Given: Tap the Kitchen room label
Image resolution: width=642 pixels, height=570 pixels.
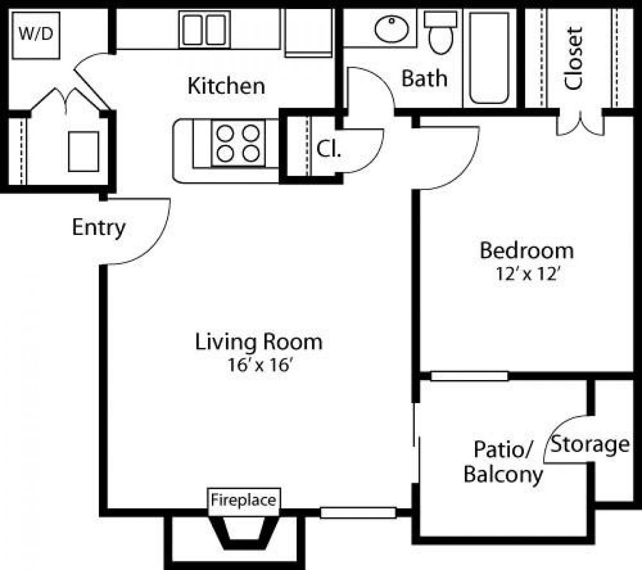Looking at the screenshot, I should [226, 86].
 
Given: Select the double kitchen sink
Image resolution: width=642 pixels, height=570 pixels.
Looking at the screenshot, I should [204, 30].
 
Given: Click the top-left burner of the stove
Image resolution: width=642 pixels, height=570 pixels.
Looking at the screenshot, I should [226, 132].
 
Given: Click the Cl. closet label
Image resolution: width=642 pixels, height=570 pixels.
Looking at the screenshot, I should [328, 149].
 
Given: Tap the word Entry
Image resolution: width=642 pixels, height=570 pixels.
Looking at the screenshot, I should [98, 227].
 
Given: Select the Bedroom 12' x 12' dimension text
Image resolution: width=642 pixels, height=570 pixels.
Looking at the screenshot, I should [528, 275].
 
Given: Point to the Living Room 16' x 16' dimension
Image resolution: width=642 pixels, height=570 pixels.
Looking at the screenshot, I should [259, 366].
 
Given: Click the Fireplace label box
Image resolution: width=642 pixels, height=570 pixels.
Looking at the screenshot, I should [243, 500].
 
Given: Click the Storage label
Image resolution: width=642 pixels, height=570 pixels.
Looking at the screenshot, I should [591, 444].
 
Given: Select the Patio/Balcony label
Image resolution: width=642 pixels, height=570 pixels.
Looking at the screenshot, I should [503, 462].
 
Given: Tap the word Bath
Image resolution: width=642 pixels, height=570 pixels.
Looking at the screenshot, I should [424, 78].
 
